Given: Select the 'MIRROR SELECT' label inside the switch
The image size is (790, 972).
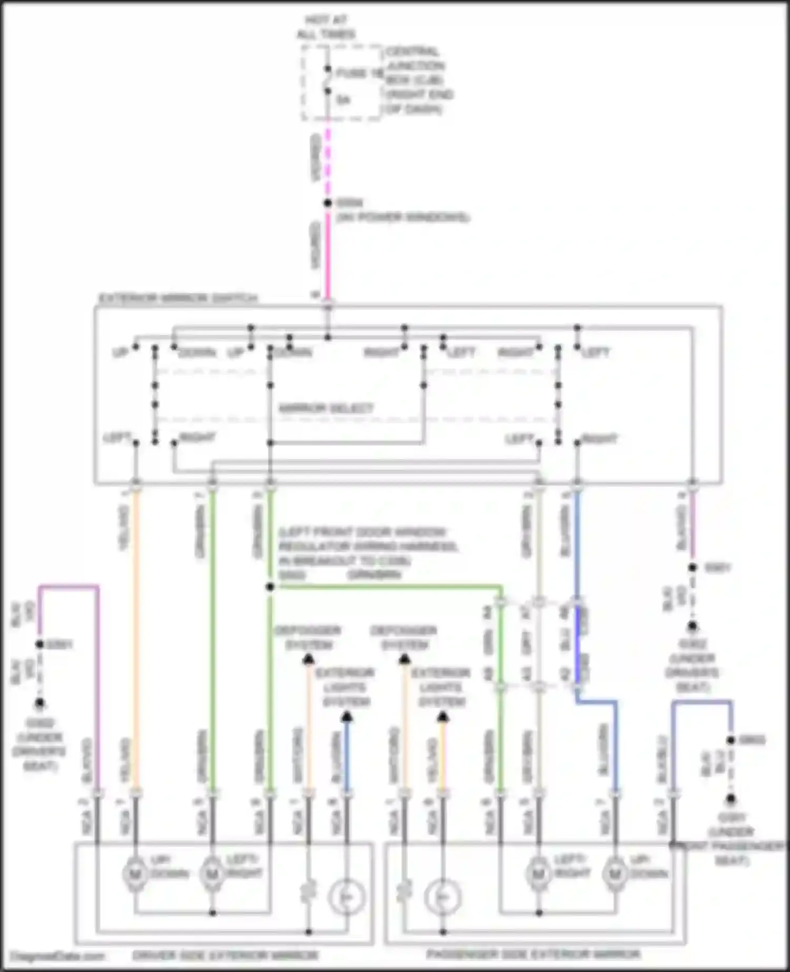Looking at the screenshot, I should coord(326,408).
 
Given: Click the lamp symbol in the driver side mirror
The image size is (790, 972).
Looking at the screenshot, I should coord(347,898).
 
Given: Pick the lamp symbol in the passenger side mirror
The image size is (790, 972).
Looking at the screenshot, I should coord(442,898).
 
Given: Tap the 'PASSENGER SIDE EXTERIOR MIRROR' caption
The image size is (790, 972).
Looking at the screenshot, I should coord(533,954).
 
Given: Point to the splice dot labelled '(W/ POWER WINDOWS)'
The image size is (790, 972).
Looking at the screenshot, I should coord(328,203).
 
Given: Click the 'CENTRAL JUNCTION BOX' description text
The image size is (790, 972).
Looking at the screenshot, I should coord(419,81).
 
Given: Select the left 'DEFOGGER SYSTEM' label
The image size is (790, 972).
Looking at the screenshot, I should coord(308,637).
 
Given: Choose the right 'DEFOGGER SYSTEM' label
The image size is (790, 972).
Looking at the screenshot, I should coord(404,637).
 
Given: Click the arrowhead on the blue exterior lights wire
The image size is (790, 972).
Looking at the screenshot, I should coord(347,717).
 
